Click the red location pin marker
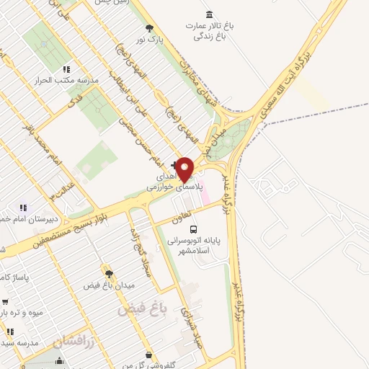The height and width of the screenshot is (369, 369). click(185, 169)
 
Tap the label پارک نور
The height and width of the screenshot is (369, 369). click(151, 40)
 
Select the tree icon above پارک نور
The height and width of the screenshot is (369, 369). click(149, 29)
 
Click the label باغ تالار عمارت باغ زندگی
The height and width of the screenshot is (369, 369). click(214, 30)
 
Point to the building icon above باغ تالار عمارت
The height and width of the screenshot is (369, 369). click(209, 15)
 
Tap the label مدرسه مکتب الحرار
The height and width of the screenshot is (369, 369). click(56, 80)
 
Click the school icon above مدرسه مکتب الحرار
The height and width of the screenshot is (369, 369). click(66, 69)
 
